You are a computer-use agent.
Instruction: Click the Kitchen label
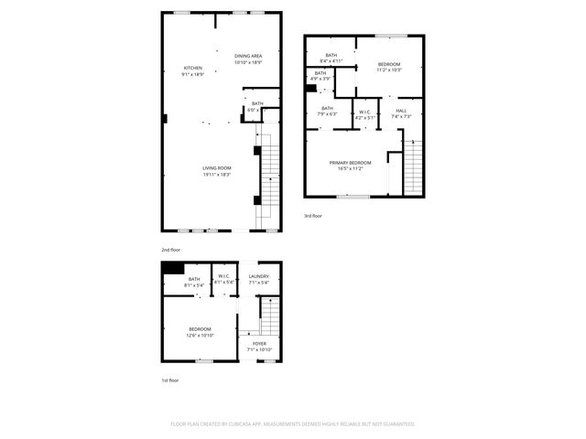pyautogui.click(x=192, y=69)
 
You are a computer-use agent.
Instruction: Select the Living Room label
pyautogui.click(x=217, y=167)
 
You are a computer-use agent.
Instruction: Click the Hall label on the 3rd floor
pyautogui.click(x=401, y=111)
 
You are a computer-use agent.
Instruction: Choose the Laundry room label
pyautogui.click(x=258, y=276)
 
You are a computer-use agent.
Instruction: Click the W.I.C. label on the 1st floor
pyautogui.click(x=224, y=276)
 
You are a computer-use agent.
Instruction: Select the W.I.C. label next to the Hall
pyautogui.click(x=364, y=111)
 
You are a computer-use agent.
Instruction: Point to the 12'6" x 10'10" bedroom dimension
pyautogui.click(x=201, y=336)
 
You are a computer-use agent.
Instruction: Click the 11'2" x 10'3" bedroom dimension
pyautogui.click(x=390, y=70)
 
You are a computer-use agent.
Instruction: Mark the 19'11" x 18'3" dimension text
pyautogui.click(x=217, y=174)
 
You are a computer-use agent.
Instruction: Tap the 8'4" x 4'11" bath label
pyautogui.click(x=331, y=61)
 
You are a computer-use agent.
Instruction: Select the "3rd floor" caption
pyautogui.click(x=313, y=216)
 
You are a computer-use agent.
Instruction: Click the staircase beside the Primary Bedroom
pyautogui.click(x=415, y=169)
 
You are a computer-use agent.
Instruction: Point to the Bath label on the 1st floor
pyautogui.click(x=193, y=279)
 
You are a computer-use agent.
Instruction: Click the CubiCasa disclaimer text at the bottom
pyautogui.click(x=293, y=423)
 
